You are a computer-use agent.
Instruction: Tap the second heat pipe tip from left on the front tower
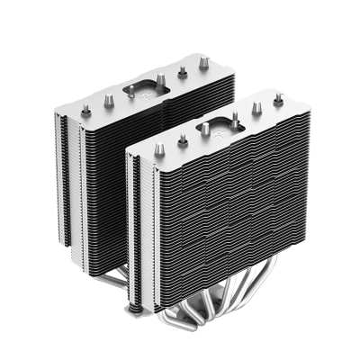183,139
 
